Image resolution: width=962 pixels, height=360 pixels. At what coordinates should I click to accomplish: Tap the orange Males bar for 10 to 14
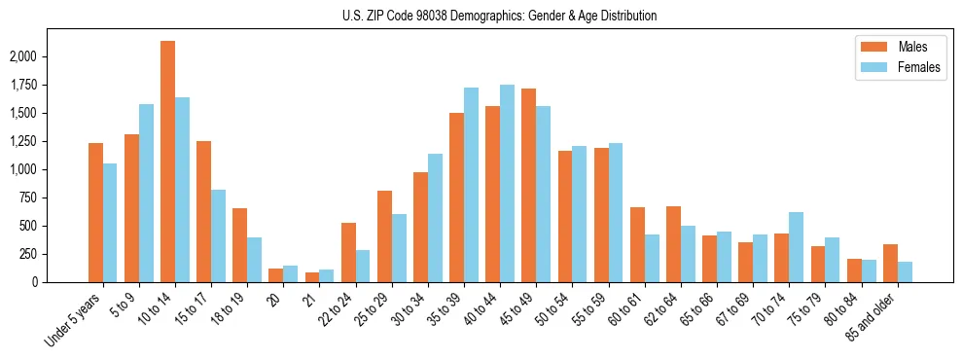(x=167, y=162)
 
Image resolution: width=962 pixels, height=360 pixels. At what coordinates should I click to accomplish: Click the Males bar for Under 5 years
(x=95, y=212)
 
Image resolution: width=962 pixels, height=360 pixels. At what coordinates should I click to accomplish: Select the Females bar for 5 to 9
(x=146, y=193)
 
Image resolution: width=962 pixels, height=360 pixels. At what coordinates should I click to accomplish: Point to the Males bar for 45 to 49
(x=528, y=185)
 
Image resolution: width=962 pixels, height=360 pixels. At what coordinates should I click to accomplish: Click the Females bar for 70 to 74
(x=796, y=247)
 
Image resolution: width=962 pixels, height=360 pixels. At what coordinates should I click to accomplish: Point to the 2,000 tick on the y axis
(x=21, y=56)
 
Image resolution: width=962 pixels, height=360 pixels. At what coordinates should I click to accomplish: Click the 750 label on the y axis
(x=26, y=198)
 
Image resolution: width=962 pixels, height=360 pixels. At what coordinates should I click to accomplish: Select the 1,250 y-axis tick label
(x=21, y=141)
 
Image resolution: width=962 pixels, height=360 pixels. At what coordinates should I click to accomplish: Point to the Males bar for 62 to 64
(x=673, y=244)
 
